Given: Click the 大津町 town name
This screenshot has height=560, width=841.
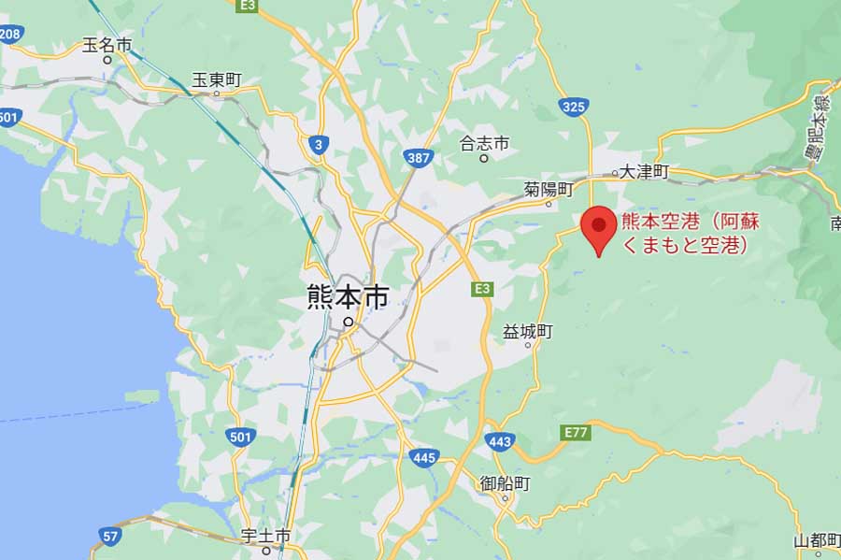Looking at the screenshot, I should click(x=648, y=172).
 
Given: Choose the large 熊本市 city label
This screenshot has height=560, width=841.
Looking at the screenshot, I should click(x=347, y=297).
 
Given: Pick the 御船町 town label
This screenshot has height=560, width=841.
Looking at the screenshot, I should click(x=505, y=483).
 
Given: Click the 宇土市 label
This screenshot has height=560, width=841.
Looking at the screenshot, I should click(x=266, y=536).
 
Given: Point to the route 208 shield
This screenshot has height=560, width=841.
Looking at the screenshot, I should click(x=10, y=35).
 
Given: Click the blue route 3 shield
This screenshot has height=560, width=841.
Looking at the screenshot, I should click(x=319, y=143).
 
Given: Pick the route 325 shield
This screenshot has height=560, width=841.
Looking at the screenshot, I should click(x=575, y=108).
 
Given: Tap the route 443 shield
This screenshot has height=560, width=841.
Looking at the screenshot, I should click(x=501, y=439).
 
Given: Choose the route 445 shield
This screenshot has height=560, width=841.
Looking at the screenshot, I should click(x=423, y=457).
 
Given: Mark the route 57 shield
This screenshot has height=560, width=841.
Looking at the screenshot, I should click(x=109, y=535).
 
